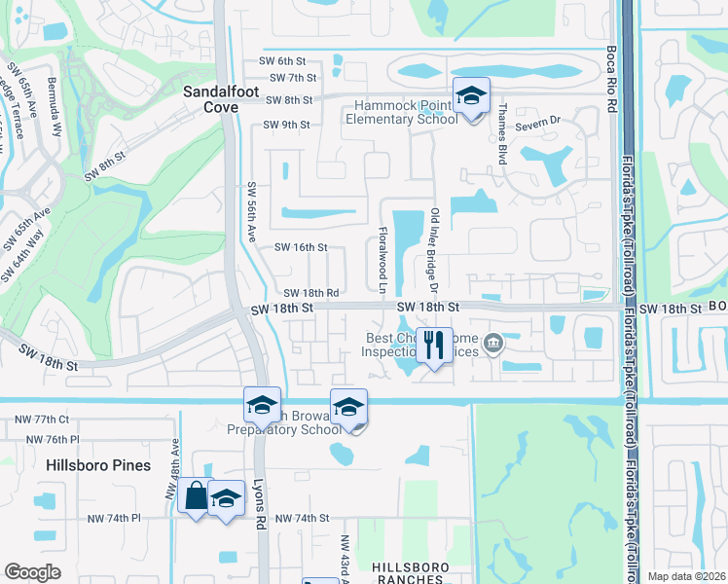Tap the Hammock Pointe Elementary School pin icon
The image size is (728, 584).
coord(470,97)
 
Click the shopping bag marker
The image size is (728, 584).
coord(196,496)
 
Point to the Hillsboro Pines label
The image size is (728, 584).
coord(98,465)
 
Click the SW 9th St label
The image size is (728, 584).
coord(286,125)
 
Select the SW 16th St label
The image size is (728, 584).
coord(301,248)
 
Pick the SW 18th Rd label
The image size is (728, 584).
coord(311,293)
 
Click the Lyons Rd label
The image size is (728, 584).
coord(260,507)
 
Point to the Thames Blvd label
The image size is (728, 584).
coord(502,134)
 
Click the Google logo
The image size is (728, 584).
coord(33,571)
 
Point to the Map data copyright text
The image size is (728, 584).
coord(685,576)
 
